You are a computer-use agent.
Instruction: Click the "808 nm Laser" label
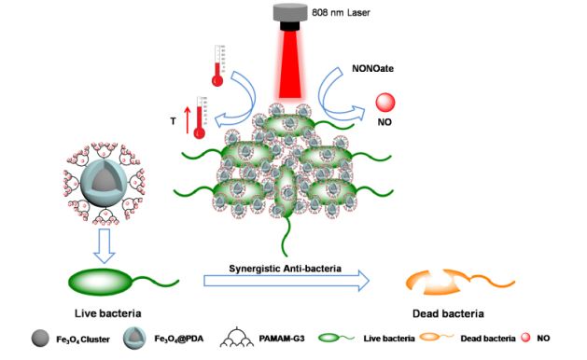(x=341, y=13)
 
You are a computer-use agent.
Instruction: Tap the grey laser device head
(x=290, y=12)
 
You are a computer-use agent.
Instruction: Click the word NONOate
(x=372, y=68)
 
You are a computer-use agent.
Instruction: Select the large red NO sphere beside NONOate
(x=385, y=103)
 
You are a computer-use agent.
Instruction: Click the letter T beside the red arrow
(x=173, y=121)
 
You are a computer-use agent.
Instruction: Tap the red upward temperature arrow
(x=188, y=119)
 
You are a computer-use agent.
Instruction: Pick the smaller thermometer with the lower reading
(x=217, y=66)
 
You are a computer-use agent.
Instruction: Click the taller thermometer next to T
(x=201, y=118)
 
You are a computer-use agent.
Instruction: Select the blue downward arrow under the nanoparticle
(x=105, y=246)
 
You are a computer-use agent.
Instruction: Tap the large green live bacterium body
(x=101, y=282)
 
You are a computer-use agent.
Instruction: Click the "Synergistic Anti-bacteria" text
(x=285, y=269)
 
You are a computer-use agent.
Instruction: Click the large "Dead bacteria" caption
(x=448, y=313)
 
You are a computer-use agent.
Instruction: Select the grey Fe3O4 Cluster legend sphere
(x=40, y=339)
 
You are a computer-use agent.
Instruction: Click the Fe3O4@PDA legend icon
(x=134, y=339)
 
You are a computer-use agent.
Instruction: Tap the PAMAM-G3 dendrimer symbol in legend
(x=237, y=338)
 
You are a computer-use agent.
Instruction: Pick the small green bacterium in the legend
(x=336, y=338)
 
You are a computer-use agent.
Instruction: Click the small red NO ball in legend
(x=526, y=338)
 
